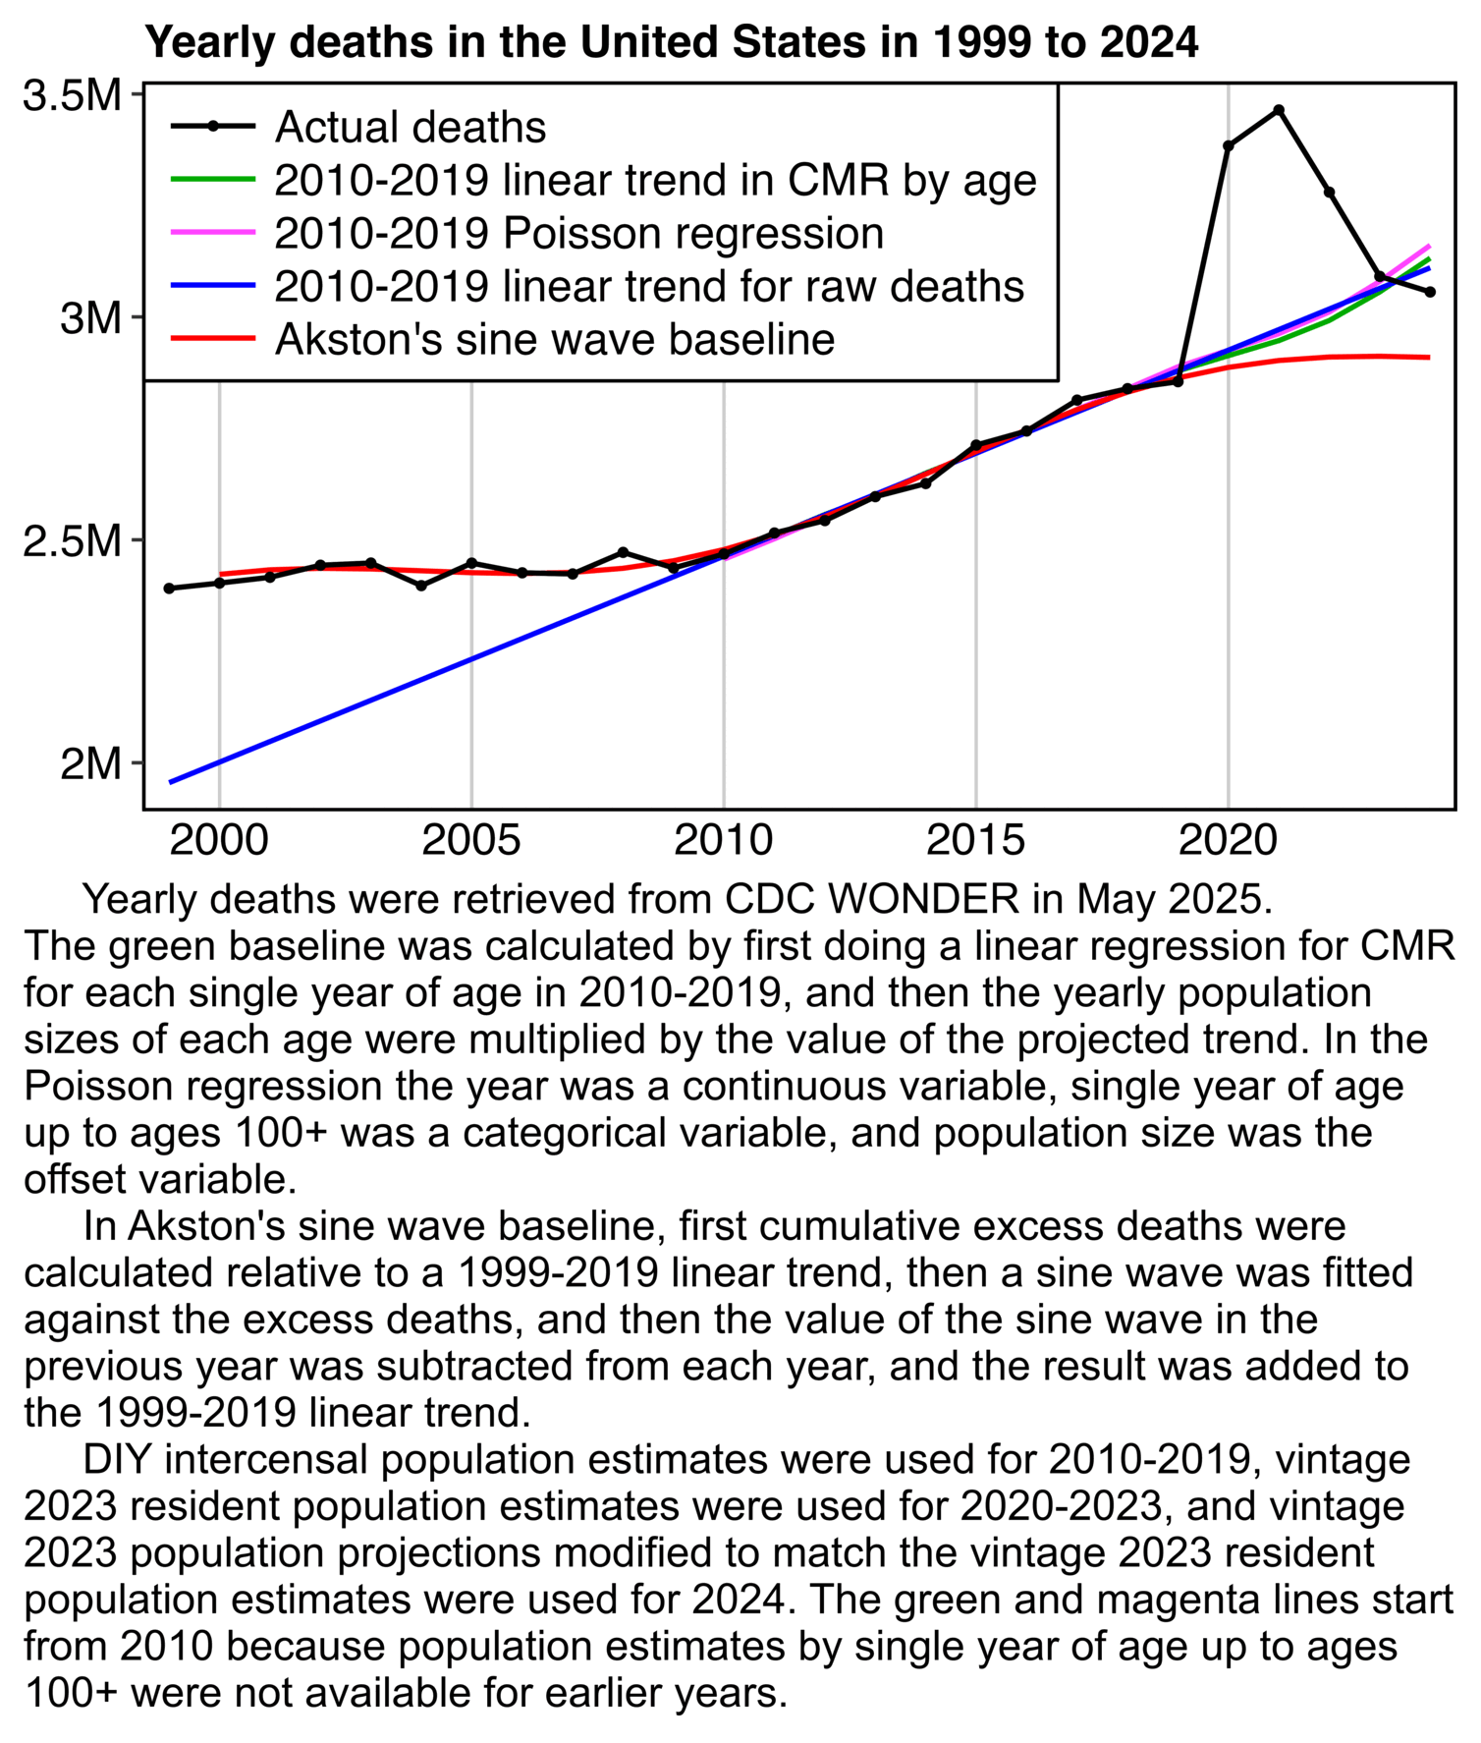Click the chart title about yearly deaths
tap(671, 43)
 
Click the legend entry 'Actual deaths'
tap(410, 127)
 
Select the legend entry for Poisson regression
tap(578, 233)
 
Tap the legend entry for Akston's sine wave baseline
tap(554, 339)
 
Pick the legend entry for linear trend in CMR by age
tap(655, 180)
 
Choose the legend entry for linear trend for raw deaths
tap(649, 286)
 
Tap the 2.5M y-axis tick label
tap(71, 540)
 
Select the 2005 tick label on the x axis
tap(471, 841)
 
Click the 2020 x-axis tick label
tap(1228, 841)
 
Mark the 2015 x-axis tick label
tap(975, 841)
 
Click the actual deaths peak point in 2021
tap(1279, 110)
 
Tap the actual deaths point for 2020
tap(1229, 145)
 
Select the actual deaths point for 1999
tap(169, 589)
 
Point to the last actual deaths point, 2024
tap(1430, 292)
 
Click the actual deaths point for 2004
tap(421, 586)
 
